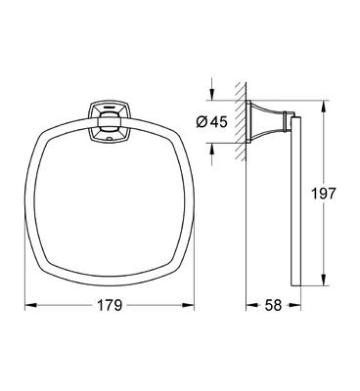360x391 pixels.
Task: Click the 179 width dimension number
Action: click(x=111, y=305)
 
